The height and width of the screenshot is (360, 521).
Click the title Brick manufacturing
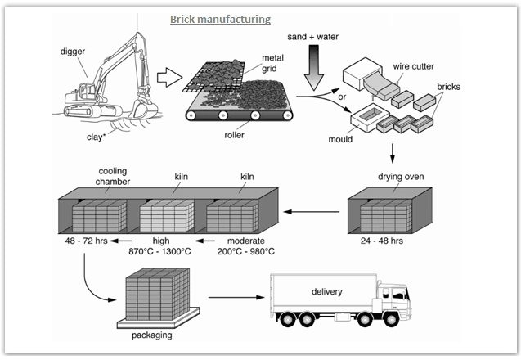tap(220, 18)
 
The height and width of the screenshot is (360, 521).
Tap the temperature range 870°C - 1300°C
tap(161, 252)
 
